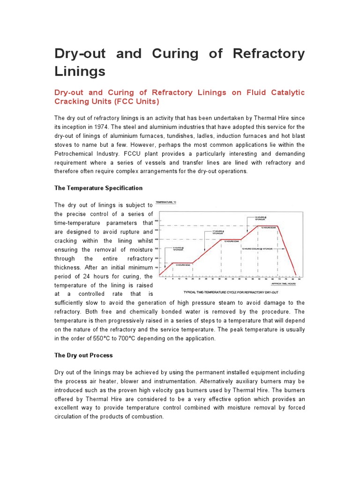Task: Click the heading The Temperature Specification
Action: tap(98, 188)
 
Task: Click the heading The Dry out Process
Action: tap(83, 355)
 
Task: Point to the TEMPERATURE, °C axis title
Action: tap(166, 202)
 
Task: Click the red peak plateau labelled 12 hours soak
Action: tap(269, 226)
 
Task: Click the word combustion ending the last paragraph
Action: tap(147, 416)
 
